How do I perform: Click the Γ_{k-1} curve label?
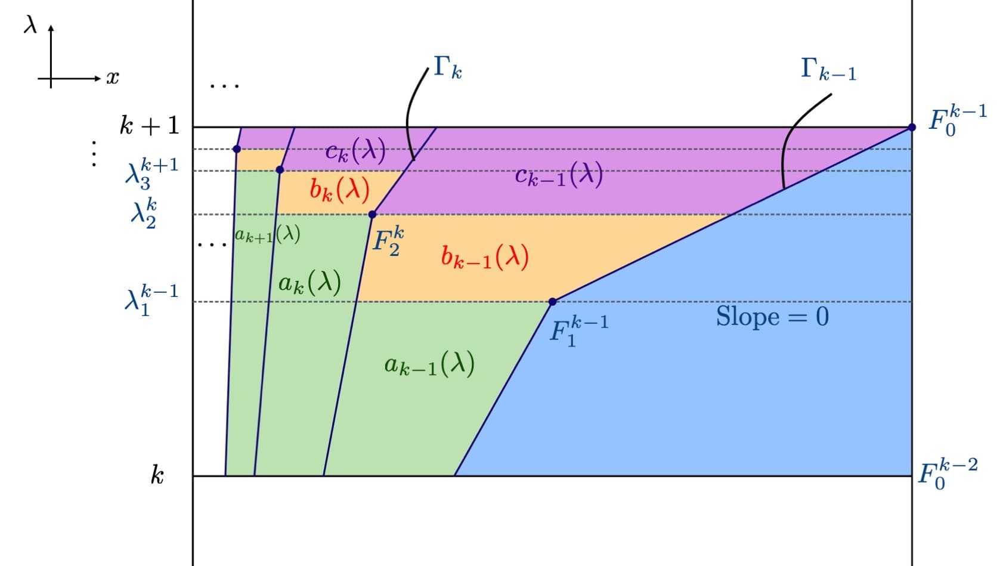click(x=828, y=69)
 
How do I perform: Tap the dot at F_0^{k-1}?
click(x=912, y=127)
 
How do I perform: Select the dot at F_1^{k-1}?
click(x=552, y=302)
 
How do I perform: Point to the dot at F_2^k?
click(x=372, y=214)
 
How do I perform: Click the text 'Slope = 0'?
click(x=772, y=316)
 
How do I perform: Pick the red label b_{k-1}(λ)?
click(x=484, y=257)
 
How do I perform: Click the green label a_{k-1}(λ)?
click(x=429, y=364)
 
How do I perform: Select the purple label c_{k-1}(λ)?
click(x=559, y=175)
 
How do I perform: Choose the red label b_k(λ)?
click(x=339, y=190)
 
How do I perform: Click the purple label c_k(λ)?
click(x=355, y=151)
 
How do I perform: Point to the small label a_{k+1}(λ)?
click(x=267, y=235)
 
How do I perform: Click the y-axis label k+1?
click(x=149, y=126)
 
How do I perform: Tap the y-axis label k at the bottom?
click(x=157, y=475)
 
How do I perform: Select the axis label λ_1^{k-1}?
click(x=151, y=299)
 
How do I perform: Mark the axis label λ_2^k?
click(x=144, y=214)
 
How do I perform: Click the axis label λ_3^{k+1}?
click(x=151, y=172)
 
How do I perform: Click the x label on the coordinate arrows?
click(x=112, y=78)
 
